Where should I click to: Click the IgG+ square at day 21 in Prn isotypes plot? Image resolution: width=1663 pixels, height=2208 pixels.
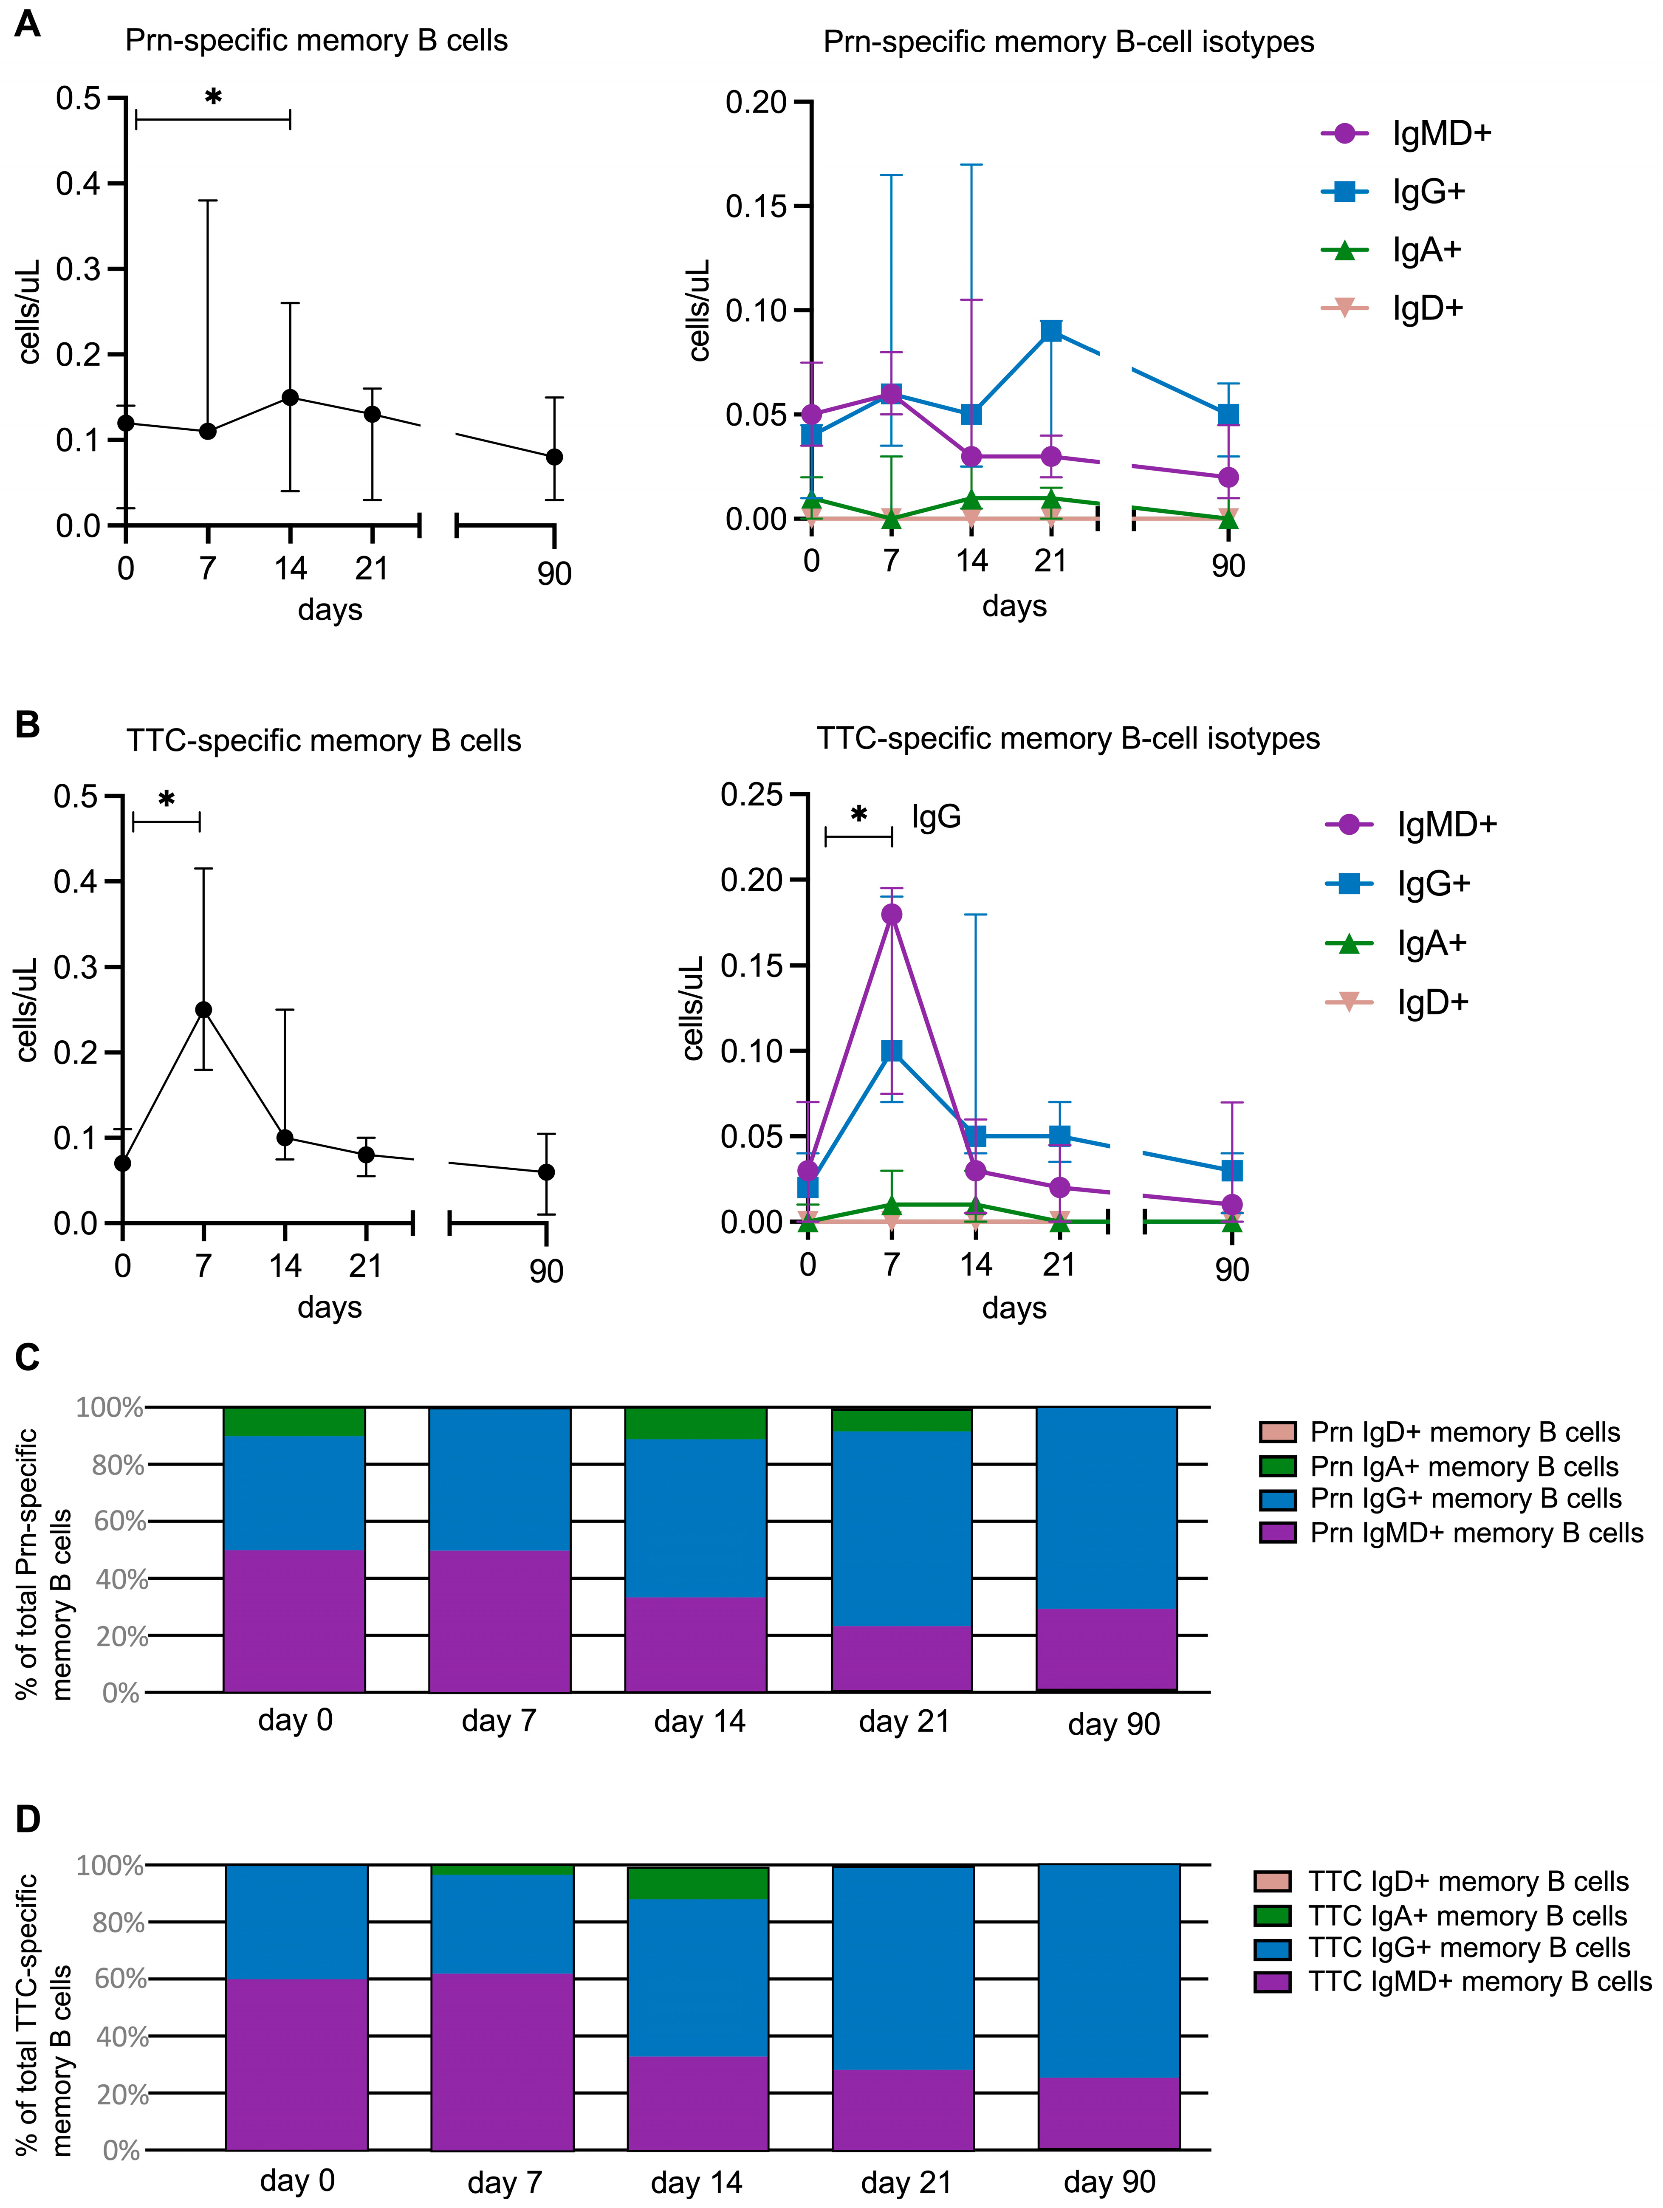pyautogui.click(x=1051, y=330)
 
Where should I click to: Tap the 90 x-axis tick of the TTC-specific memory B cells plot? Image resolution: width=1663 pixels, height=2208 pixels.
pyautogui.click(x=546, y=1271)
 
